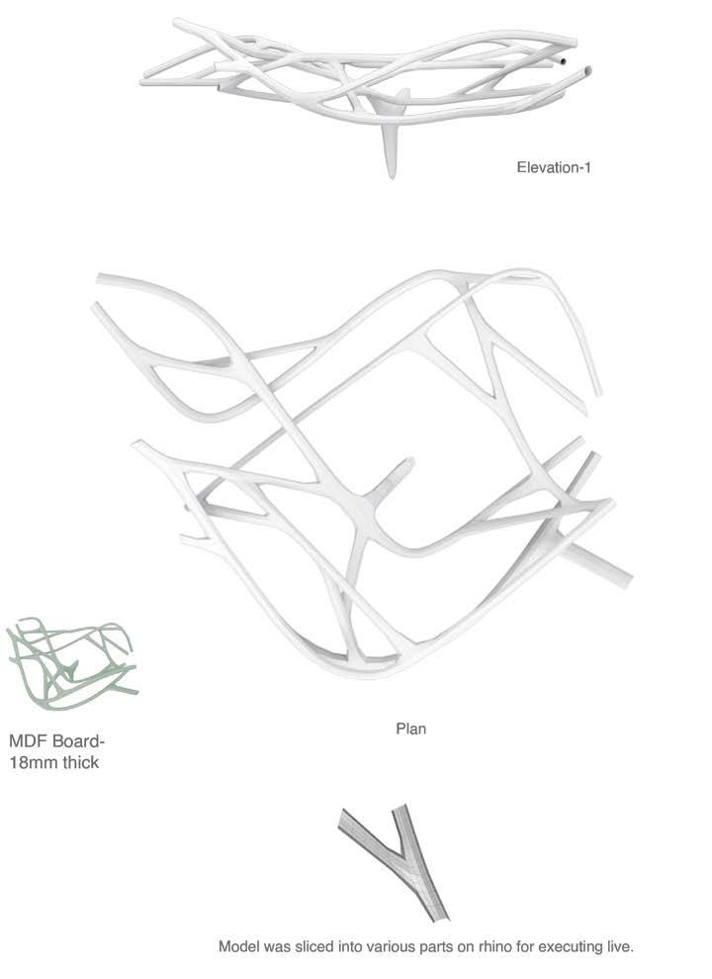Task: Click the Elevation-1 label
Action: (554, 167)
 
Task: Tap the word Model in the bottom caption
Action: (238, 947)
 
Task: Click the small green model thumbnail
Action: (71, 660)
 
